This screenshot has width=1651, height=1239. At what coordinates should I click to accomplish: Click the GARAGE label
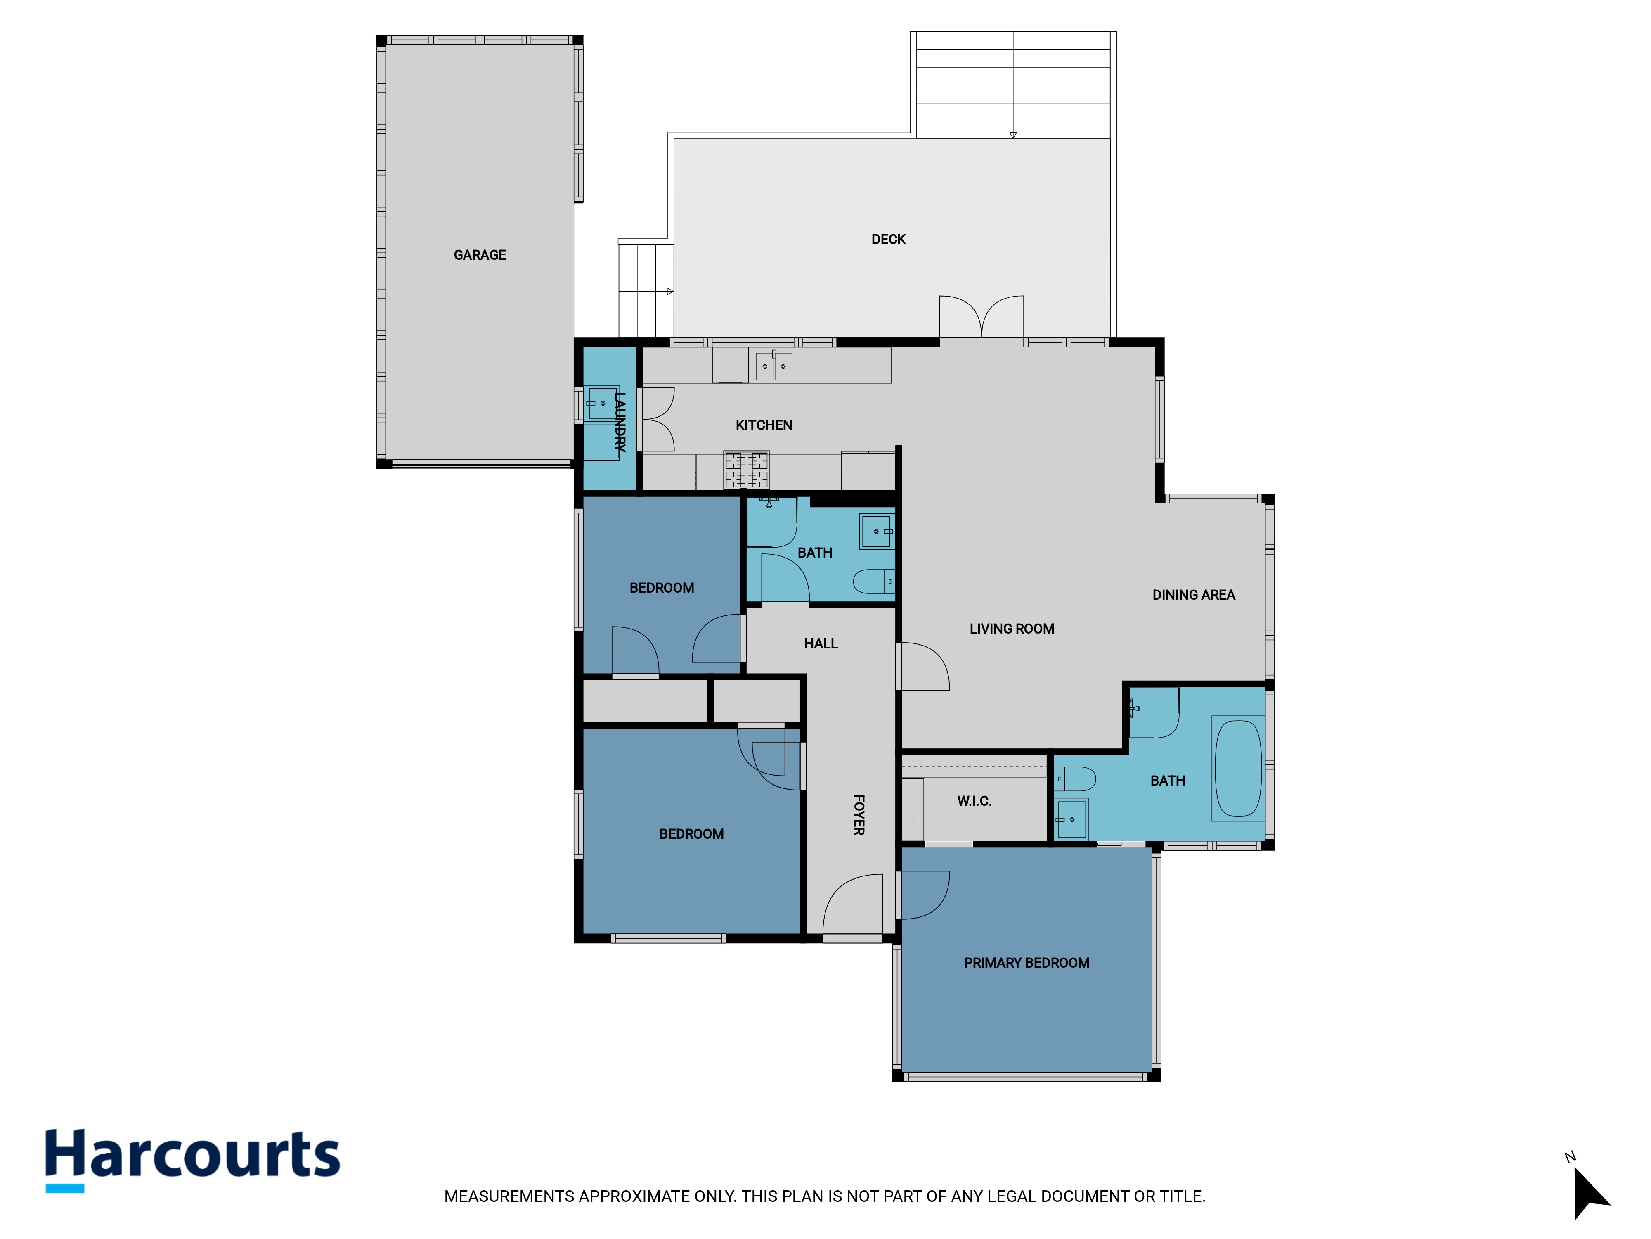(x=480, y=255)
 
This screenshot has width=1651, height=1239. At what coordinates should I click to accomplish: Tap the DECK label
(x=888, y=240)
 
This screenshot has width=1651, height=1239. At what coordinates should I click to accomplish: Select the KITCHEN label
(x=764, y=425)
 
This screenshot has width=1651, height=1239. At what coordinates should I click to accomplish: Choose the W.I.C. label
(x=974, y=801)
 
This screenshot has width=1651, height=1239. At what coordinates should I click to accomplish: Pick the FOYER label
(x=859, y=815)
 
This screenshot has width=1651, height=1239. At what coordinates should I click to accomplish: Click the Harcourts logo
(x=193, y=1160)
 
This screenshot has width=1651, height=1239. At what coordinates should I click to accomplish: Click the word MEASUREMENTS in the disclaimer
(x=510, y=1196)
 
